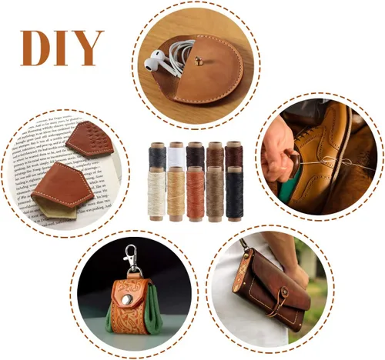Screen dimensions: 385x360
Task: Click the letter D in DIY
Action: coord(35,48)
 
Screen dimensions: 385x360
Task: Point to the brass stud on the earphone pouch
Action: coord(198,61)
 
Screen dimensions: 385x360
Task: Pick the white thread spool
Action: coord(176,153)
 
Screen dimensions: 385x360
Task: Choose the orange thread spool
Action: coord(196,194)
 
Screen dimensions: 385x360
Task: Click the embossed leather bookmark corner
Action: coord(90,138)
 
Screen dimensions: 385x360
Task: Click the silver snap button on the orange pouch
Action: coord(127,300)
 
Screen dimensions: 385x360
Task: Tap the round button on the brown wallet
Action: coord(284,292)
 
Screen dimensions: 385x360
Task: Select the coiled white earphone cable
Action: coord(179,55)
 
